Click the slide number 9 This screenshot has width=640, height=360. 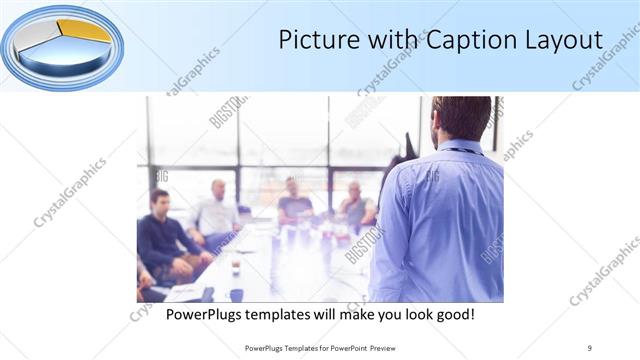pyautogui.click(x=590, y=347)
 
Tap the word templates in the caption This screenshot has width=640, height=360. pyautogui.click(x=289, y=315)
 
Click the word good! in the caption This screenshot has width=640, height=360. pyautogui.click(x=453, y=315)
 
